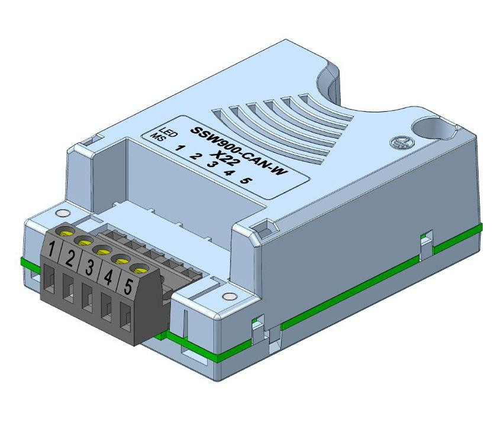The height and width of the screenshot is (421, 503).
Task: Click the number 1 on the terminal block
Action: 53,250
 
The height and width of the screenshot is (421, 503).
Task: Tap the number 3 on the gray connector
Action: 90,268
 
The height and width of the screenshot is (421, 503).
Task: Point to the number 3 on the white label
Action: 209,163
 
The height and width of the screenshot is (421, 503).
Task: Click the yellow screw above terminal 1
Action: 65,229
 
